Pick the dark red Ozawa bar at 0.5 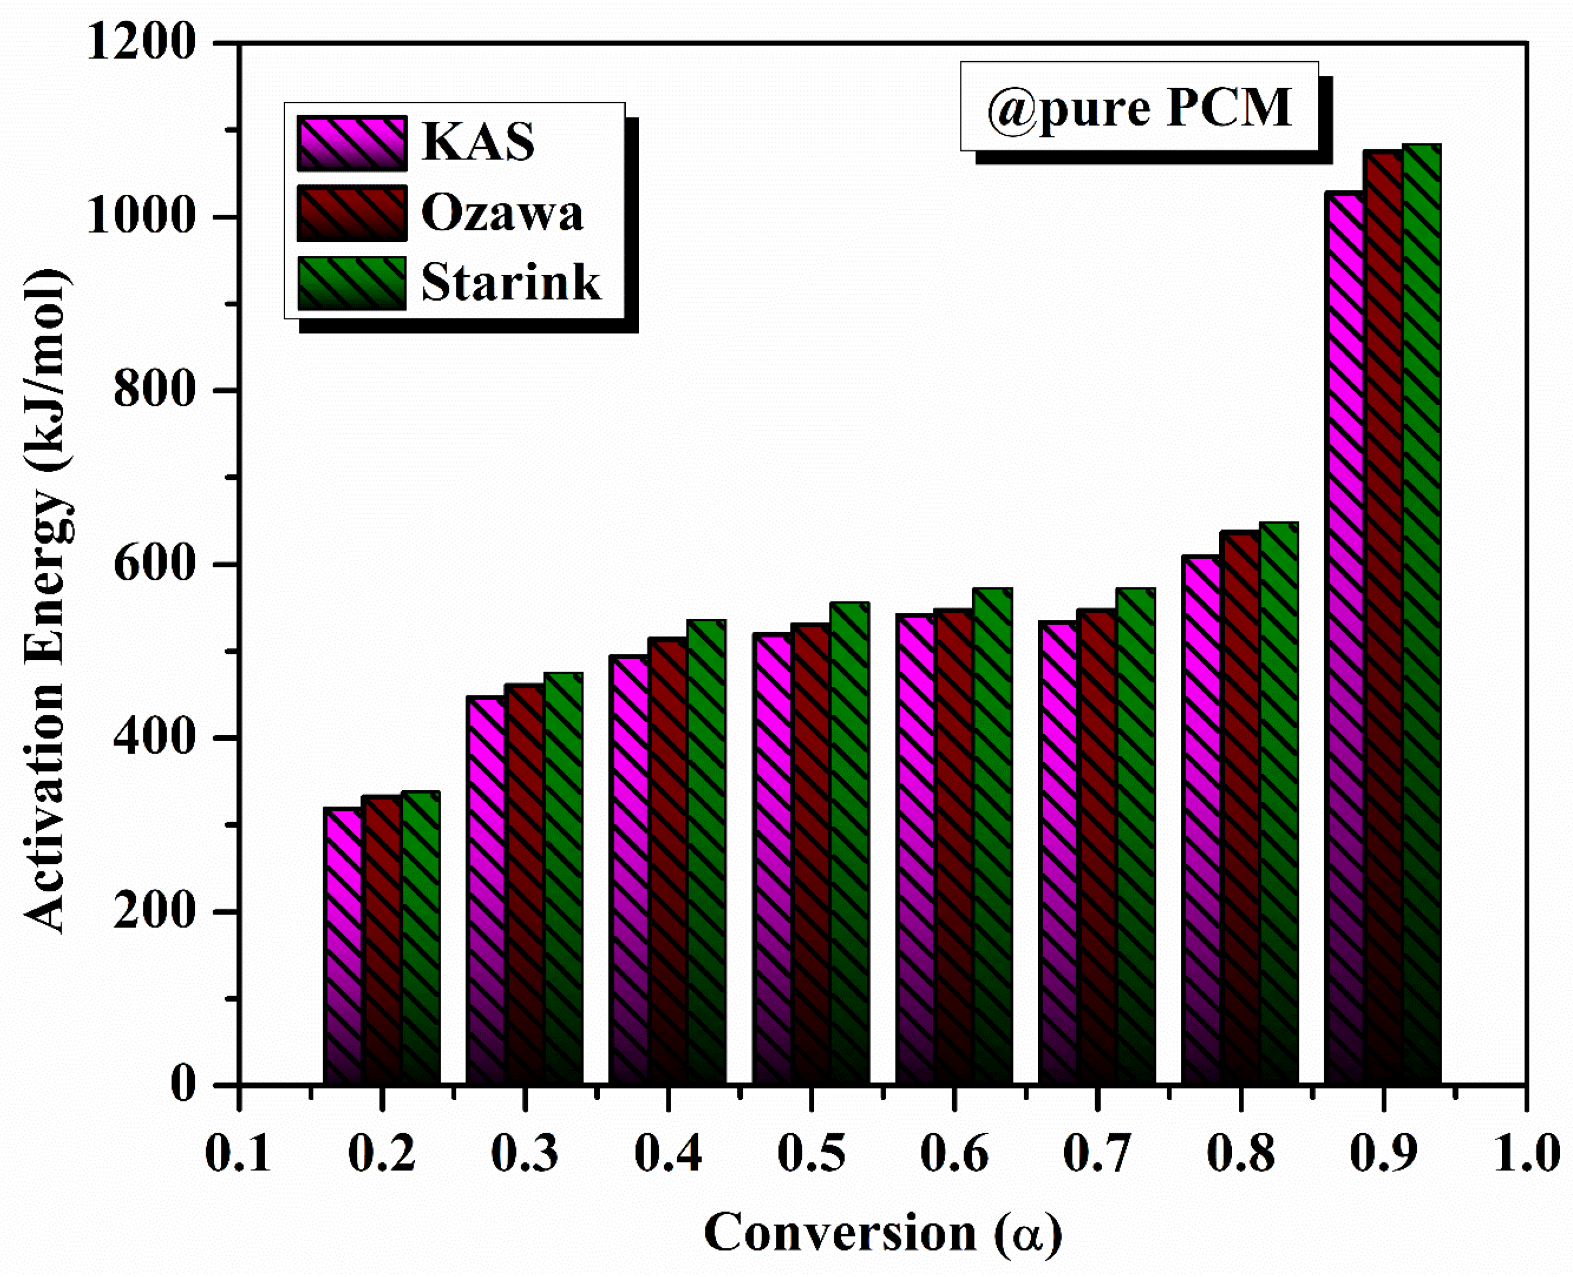coord(811,853)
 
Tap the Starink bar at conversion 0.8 coord(1279,802)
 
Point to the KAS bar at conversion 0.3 coord(486,890)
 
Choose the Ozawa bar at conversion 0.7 coord(1097,846)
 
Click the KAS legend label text coord(478,141)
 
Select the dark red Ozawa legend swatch coord(351,213)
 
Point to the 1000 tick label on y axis coord(141,217)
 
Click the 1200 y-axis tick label coord(141,43)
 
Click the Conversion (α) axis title coord(882,1233)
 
